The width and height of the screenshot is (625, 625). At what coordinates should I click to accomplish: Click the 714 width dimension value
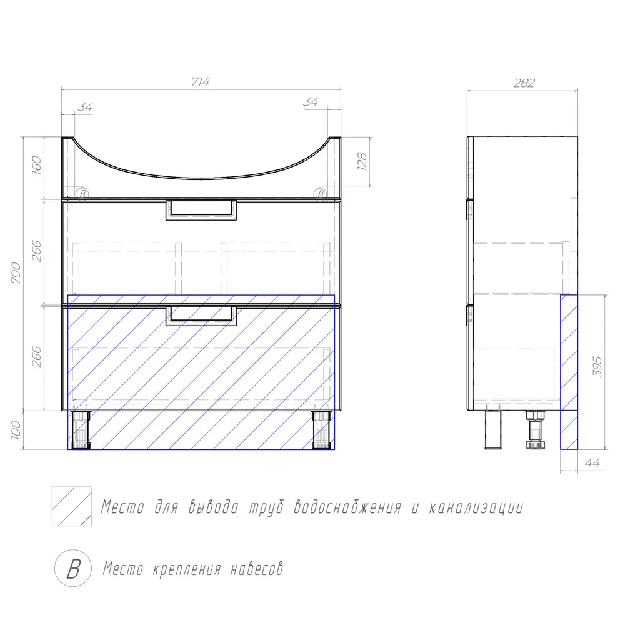(201, 82)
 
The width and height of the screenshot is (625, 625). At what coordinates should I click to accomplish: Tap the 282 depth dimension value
(524, 83)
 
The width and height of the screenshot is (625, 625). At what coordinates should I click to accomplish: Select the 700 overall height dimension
(16, 273)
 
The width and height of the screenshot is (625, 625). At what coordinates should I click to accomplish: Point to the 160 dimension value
(36, 164)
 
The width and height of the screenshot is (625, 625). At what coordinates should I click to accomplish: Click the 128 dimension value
(362, 161)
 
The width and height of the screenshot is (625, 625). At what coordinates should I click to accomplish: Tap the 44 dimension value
(592, 463)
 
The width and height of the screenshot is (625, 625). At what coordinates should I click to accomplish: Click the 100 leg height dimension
(16, 430)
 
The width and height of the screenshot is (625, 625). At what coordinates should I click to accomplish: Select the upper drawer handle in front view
(201, 210)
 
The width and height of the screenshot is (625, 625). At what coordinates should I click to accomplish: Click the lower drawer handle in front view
(201, 316)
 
